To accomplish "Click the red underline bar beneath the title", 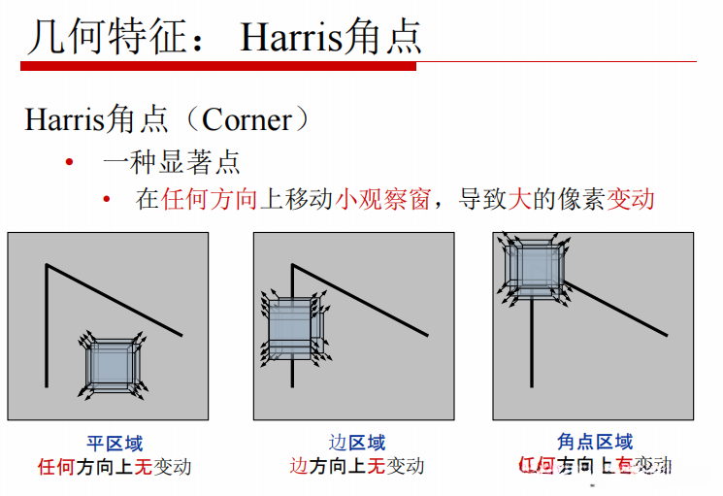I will [x=218, y=66].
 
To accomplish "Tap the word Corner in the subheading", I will [x=246, y=120].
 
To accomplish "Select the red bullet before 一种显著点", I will [x=69, y=161].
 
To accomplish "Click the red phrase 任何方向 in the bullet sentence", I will [x=210, y=200].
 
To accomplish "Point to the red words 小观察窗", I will [x=382, y=200].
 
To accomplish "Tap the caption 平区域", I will [x=115, y=444].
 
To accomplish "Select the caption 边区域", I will [x=356, y=444].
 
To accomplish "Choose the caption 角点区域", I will [x=595, y=443].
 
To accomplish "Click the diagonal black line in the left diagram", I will [x=116, y=300].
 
